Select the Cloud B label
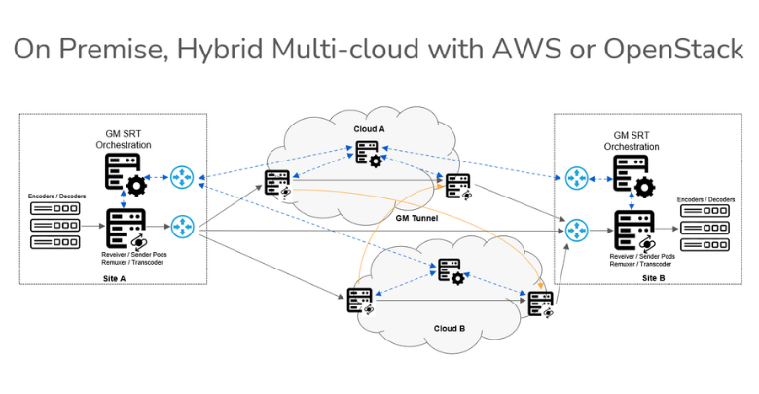point(449,329)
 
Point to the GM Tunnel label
point(418,219)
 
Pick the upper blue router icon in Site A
point(182,177)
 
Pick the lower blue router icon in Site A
point(182,228)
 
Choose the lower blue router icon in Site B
point(576,230)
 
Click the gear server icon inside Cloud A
point(368,154)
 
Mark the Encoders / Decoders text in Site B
point(705,199)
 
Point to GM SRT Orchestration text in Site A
point(125,138)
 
